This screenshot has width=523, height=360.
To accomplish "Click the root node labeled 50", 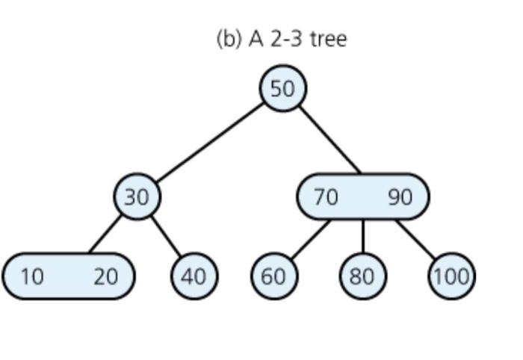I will point(282,88).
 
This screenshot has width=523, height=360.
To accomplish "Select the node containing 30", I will point(137,196).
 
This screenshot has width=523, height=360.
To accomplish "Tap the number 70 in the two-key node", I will point(326,196).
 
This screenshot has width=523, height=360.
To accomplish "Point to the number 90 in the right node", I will point(400,196).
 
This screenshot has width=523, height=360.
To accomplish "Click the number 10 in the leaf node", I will point(31,276).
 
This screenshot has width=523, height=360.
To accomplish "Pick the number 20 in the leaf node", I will point(105,276).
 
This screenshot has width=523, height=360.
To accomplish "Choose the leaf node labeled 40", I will point(194,276).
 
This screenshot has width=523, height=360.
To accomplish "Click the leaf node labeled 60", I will point(273,276).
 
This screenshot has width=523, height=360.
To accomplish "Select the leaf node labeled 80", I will point(362,276).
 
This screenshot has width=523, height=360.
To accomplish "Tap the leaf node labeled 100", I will point(451,276).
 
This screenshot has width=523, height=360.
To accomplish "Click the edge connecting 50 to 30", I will point(210,142).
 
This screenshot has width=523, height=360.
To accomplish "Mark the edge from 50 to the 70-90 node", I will point(329,140).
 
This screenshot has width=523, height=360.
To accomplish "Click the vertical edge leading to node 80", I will point(363,236).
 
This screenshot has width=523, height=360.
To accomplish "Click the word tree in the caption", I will point(328,38).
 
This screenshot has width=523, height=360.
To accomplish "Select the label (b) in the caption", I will point(229,38).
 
